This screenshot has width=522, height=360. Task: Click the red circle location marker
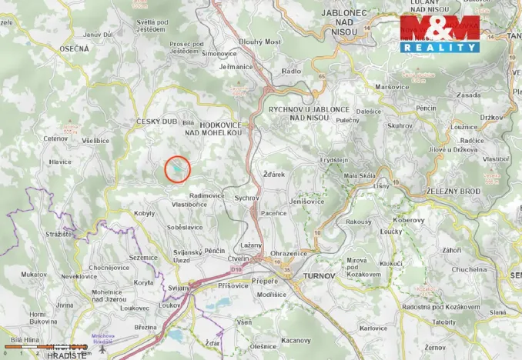point(178,168)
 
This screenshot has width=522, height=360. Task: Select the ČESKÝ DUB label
point(156,122)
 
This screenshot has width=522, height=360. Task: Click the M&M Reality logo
point(439,33)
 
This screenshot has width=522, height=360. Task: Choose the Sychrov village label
point(247,198)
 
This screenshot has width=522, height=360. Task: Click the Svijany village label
point(179,287)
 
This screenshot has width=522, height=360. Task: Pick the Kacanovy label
point(296,339)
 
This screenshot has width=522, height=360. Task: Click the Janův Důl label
point(98,35)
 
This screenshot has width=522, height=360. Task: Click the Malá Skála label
point(359,175)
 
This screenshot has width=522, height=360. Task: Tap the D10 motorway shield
point(238,270)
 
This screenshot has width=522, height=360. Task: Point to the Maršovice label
point(390,86)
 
